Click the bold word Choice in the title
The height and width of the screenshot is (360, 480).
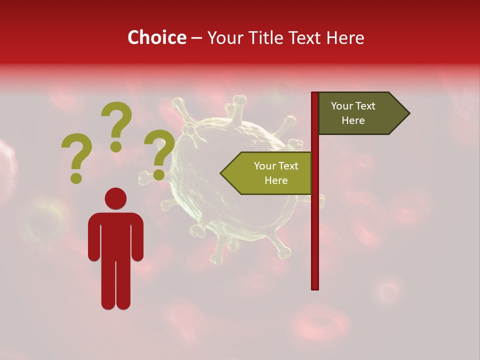pos(156,37)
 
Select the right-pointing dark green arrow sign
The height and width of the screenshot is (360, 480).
pos(360,113)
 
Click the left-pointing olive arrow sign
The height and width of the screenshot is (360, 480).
pos(270,173)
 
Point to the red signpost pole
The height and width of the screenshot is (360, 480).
pos(315,225)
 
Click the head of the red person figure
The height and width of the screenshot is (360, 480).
pos(115,198)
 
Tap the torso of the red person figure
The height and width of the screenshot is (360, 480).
pos(115,235)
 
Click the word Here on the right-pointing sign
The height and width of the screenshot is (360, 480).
pos(353,120)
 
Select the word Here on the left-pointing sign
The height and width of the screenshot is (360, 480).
pos(276,180)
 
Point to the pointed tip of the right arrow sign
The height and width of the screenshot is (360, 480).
pos(408,113)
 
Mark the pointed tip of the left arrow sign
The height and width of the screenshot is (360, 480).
pos(221,173)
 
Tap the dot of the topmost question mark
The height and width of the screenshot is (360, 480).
pos(116,146)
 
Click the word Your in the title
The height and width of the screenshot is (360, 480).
pos(223,37)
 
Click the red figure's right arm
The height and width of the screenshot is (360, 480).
pos(137,240)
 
